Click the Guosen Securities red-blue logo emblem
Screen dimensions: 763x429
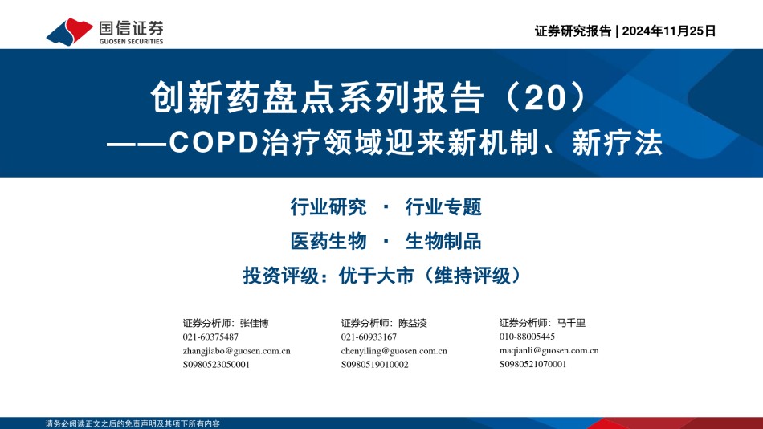tap(69, 32)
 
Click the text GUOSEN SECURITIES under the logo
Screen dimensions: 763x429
tap(132, 42)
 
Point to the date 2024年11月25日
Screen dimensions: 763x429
tap(668, 31)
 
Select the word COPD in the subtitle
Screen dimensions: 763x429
tap(213, 143)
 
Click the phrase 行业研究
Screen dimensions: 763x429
tap(328, 207)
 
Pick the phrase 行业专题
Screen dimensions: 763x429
tap(443, 207)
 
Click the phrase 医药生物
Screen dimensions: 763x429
tap(328, 241)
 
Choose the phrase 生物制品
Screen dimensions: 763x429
tap(443, 241)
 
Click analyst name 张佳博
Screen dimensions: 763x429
tap(254, 323)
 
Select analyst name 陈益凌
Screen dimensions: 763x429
tap(413, 323)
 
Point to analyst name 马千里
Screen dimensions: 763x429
tap(571, 322)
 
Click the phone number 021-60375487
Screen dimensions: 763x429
tap(210, 337)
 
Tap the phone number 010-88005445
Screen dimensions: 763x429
tap(527, 337)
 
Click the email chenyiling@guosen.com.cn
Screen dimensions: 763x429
tap(394, 350)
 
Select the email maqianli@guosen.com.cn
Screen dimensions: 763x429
tap(549, 350)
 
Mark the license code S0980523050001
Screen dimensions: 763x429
tap(216, 364)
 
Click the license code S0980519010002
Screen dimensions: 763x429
tap(375, 364)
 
